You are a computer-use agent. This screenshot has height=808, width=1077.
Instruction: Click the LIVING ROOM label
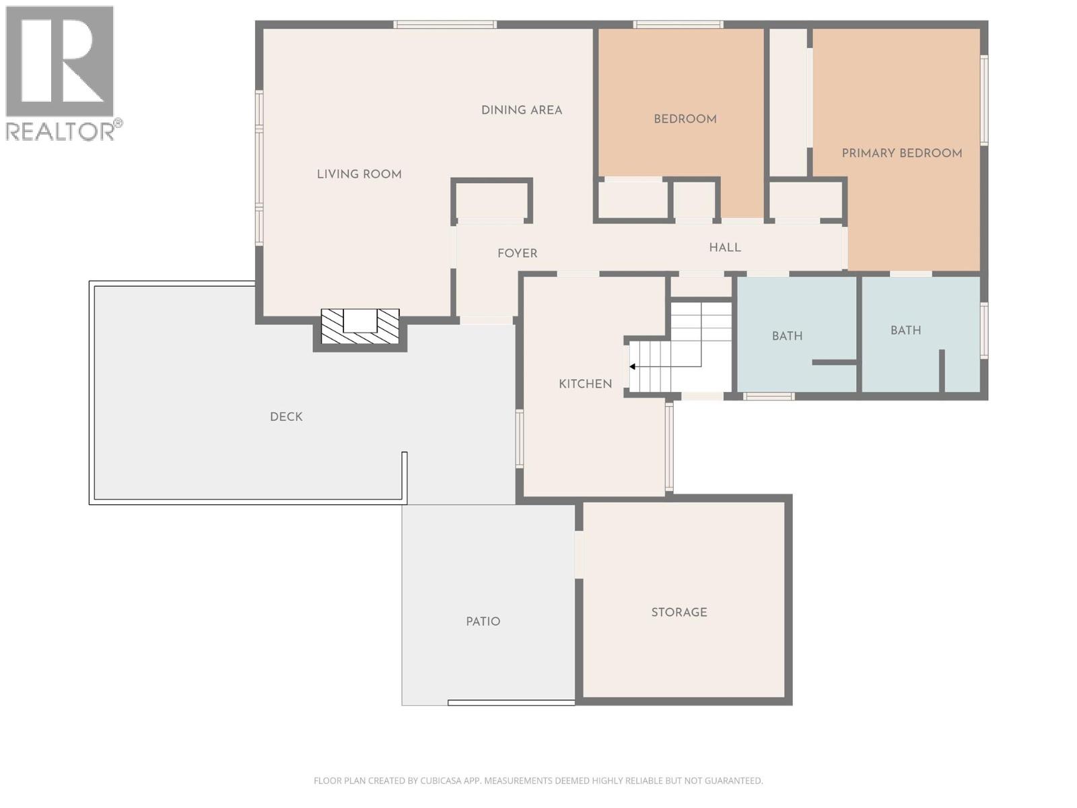click(x=359, y=174)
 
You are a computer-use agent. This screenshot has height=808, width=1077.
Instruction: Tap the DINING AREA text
click(x=521, y=110)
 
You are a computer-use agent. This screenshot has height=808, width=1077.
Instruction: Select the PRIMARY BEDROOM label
click(x=901, y=153)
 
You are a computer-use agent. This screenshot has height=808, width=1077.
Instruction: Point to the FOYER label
click(x=517, y=253)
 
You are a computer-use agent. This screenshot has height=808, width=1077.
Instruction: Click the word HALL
click(x=724, y=247)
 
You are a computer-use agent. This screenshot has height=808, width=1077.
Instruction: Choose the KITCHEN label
click(x=585, y=384)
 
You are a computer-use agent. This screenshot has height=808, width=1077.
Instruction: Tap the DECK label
click(x=286, y=417)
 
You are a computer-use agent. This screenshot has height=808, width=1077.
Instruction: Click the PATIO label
click(x=483, y=621)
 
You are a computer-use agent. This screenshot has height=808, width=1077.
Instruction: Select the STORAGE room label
click(x=679, y=612)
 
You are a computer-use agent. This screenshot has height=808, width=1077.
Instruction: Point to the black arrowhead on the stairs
click(x=633, y=366)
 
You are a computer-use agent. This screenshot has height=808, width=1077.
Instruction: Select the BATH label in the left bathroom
click(x=786, y=335)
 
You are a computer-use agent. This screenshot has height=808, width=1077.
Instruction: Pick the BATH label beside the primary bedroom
click(x=905, y=330)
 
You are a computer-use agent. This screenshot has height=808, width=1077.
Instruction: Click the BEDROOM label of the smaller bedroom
click(x=685, y=119)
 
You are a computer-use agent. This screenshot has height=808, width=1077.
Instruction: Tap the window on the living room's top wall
click(x=445, y=25)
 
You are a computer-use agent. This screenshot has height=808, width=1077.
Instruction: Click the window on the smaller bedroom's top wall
click(x=678, y=25)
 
